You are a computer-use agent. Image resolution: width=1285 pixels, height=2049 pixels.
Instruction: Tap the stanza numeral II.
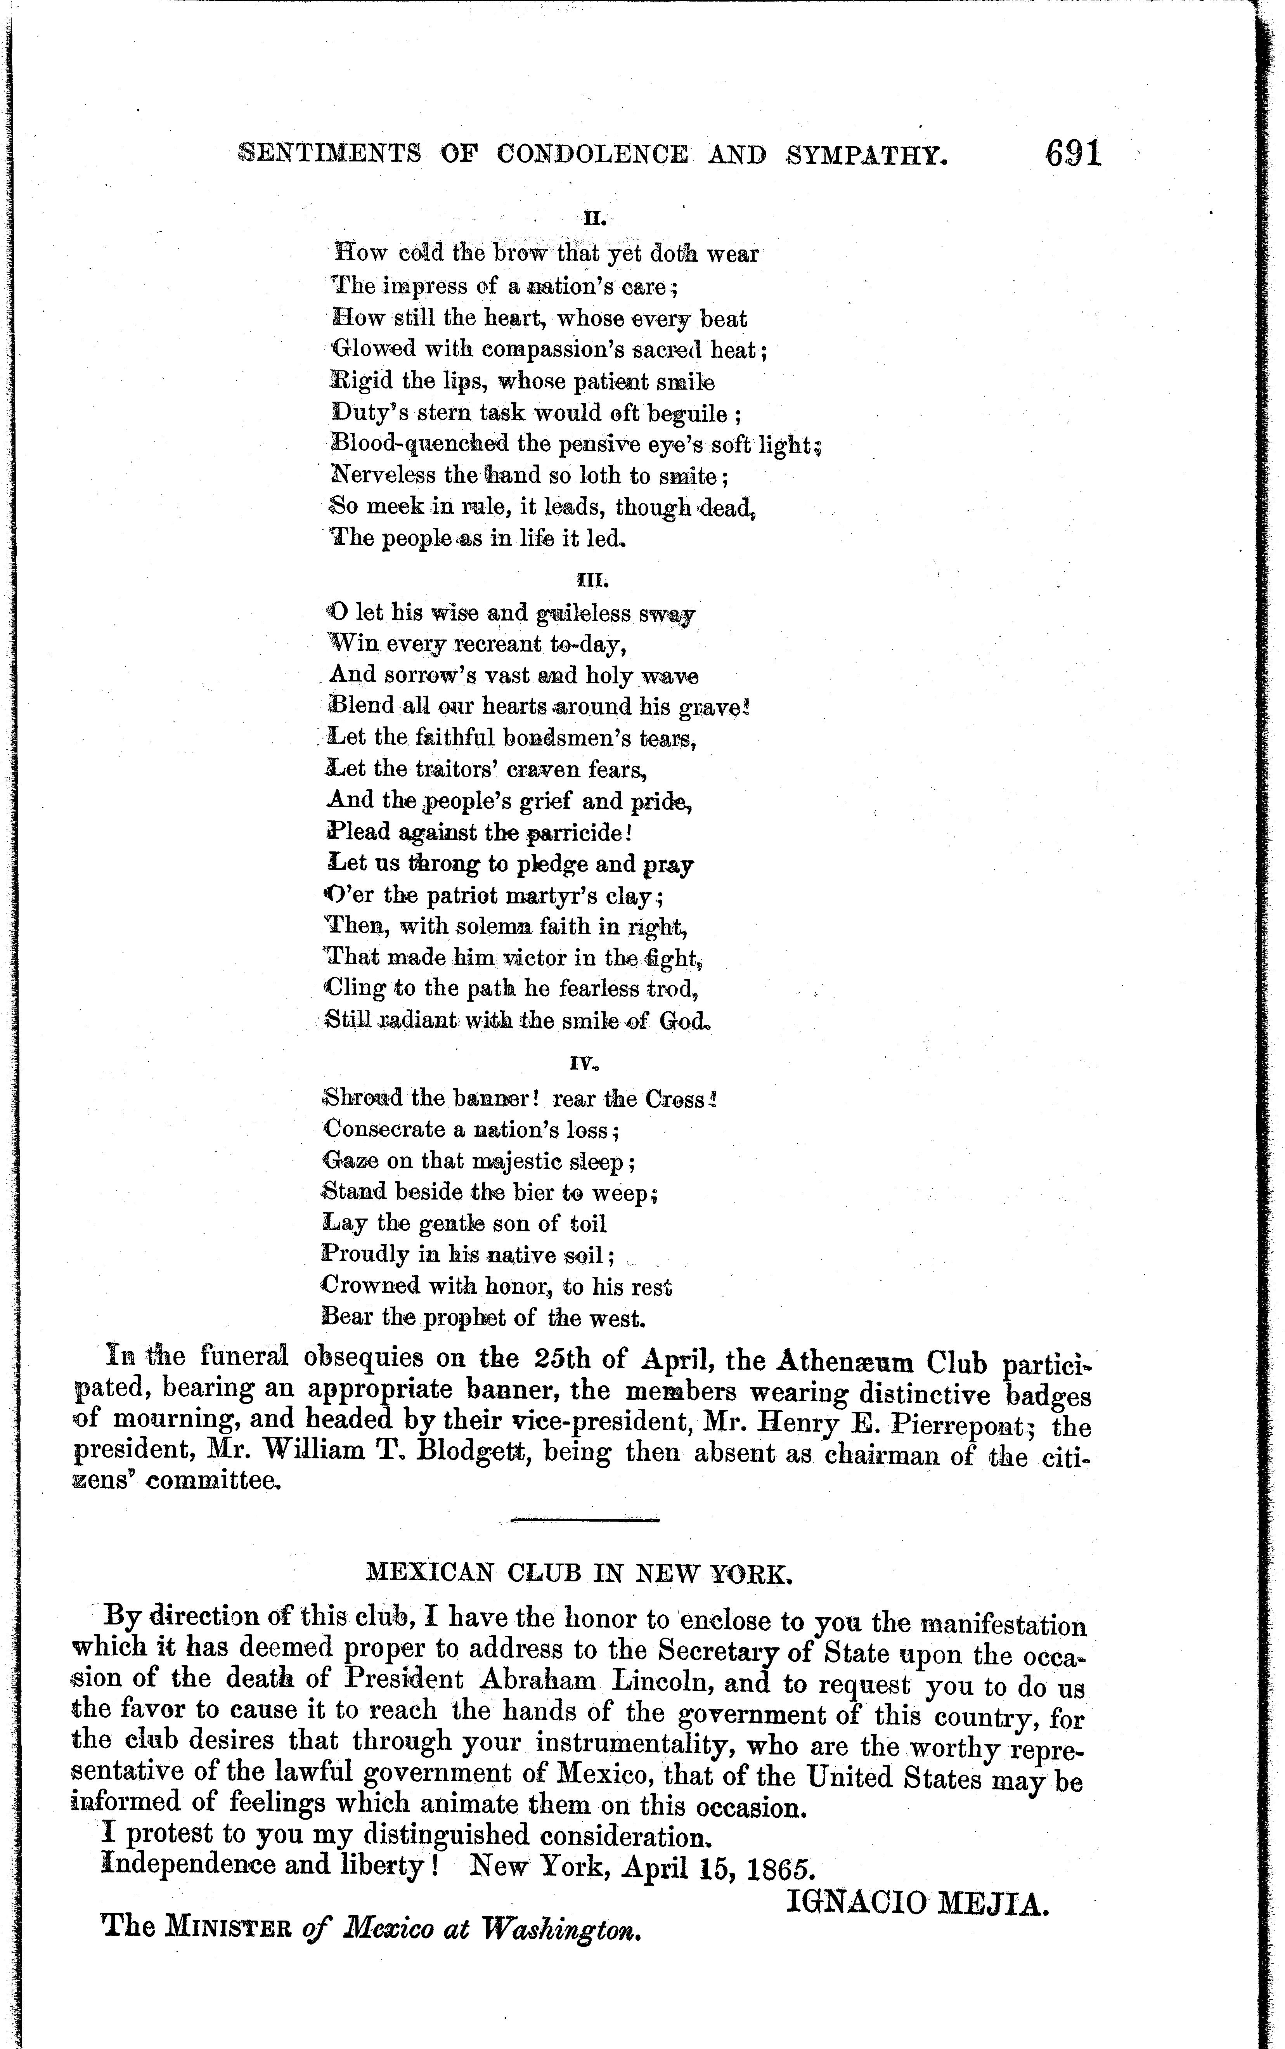593,218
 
